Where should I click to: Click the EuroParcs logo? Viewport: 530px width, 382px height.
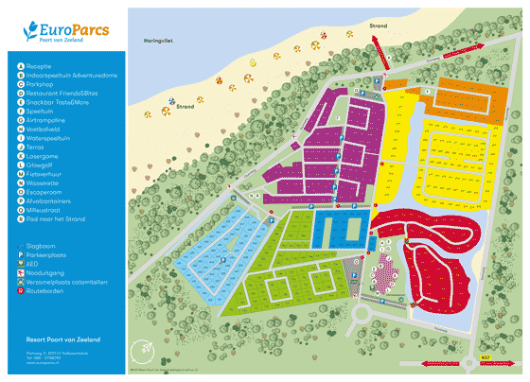click(63, 33)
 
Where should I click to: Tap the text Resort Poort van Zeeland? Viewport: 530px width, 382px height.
click(63, 339)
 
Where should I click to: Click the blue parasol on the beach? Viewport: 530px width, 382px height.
click(171, 100)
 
